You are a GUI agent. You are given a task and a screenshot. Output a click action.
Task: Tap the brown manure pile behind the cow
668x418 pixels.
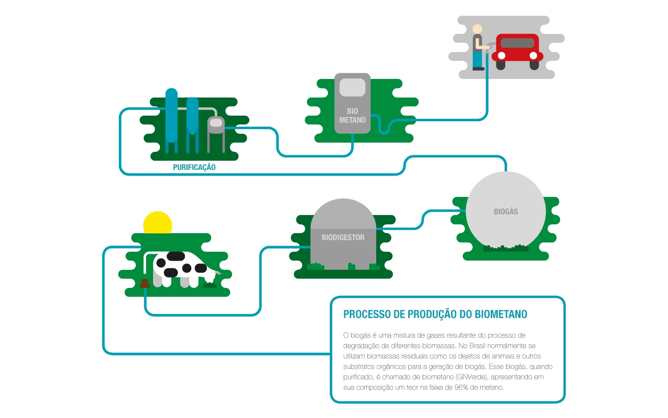pyautogui.click(x=145, y=283)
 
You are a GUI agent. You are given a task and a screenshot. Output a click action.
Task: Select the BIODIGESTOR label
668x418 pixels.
pyautogui.click(x=343, y=237)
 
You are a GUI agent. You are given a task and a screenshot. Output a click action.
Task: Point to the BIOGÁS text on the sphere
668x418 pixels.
pyautogui.click(x=506, y=211)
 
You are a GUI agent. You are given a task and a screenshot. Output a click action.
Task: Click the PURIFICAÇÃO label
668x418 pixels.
pyautogui.click(x=194, y=167)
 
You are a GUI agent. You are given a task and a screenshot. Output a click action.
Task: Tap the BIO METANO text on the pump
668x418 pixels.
pyautogui.click(x=352, y=116)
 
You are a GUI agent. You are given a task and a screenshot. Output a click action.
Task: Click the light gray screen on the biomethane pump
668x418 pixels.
pyautogui.click(x=353, y=87)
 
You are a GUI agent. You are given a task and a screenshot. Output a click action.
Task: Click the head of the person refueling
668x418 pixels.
pyautogui.click(x=477, y=29)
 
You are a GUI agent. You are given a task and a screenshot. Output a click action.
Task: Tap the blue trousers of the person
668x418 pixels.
pyautogui.click(x=478, y=59)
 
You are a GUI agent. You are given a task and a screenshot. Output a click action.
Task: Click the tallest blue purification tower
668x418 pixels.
pyautogui.click(x=172, y=116)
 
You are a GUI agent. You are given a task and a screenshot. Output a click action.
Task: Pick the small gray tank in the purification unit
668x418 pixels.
pyautogui.click(x=216, y=124)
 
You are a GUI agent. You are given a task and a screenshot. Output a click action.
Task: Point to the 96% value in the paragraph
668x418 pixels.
pyautogui.click(x=461, y=387)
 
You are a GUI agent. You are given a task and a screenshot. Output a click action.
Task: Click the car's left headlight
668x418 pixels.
pyautogui.click(x=501, y=56)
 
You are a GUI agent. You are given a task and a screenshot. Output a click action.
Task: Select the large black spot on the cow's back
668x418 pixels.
pyautogui.click(x=176, y=256)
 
